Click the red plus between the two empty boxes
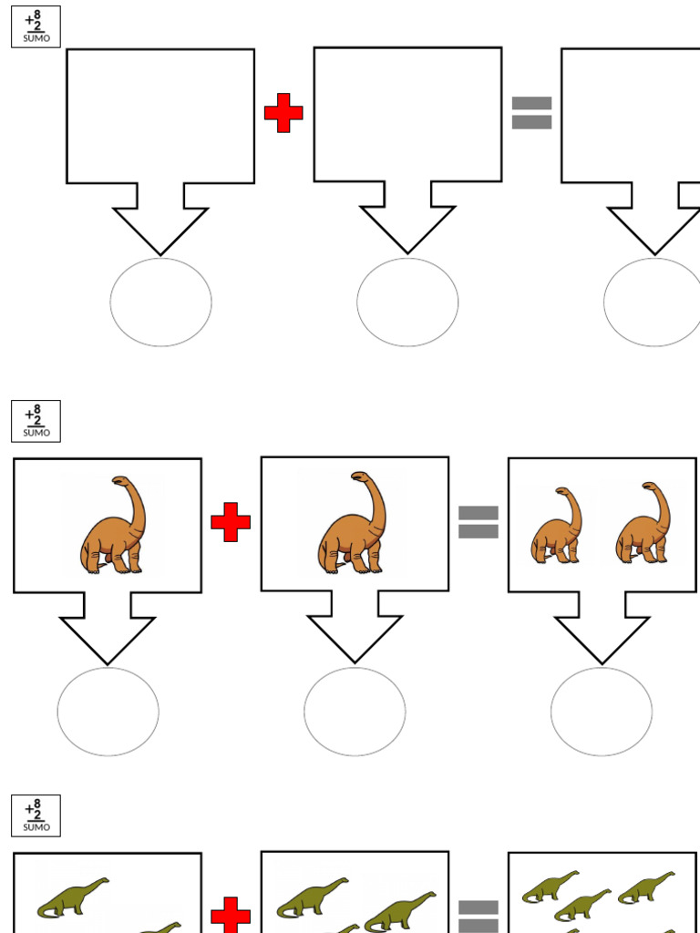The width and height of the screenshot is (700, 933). [283, 112]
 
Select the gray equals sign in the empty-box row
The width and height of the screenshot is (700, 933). [531, 112]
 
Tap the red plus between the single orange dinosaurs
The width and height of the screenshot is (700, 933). [231, 522]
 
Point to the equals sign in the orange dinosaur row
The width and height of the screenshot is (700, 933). [478, 522]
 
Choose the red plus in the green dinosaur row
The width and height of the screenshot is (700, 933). [231, 915]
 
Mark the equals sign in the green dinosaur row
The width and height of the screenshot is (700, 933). [478, 917]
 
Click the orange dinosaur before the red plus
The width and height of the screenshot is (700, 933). [113, 524]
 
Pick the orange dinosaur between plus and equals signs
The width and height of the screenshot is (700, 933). [352, 522]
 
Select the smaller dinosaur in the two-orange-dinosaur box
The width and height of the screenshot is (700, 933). [556, 525]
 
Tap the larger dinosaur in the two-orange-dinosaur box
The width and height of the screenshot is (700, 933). [643, 522]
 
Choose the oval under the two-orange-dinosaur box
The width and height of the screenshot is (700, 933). [602, 712]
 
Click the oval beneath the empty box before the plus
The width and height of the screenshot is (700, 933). [160, 302]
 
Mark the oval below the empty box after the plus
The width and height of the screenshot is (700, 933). [407, 302]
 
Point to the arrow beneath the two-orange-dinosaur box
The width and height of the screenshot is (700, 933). [602, 628]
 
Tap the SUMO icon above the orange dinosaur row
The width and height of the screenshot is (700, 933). [36, 421]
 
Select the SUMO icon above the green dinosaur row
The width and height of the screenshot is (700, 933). [36, 815]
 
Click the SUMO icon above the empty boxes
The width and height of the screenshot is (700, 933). [36, 26]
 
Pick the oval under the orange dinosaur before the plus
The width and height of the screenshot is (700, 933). [108, 712]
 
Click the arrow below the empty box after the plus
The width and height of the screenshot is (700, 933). [407, 218]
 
